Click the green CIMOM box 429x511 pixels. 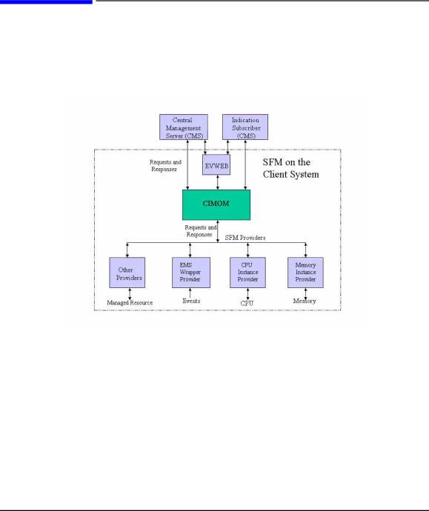216,204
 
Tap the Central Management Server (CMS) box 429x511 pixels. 184,127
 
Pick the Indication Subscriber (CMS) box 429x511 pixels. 245,127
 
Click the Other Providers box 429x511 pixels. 127,273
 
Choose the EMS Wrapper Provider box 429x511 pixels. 191,273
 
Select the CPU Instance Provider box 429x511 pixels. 247,273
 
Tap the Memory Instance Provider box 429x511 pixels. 305,273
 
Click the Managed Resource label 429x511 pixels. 130,303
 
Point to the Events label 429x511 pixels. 191,301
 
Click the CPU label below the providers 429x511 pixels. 247,303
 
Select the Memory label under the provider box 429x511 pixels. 304,301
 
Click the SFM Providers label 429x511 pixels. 245,238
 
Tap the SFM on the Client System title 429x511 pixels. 290,168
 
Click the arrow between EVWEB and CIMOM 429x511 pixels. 217,182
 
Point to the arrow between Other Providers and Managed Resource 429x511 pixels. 130,293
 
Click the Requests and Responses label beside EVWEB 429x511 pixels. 165,166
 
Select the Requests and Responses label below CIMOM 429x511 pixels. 201,231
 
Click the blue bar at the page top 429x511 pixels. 46,1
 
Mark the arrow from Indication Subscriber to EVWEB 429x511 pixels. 227,147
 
